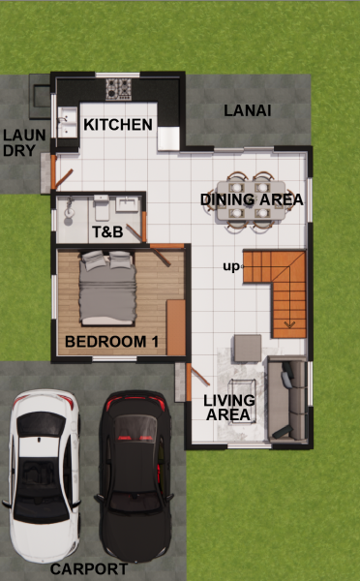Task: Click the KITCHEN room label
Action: [118, 125]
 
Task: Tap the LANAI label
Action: [248, 110]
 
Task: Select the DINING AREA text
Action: [252, 199]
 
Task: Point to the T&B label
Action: [107, 232]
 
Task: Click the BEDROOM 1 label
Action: [111, 341]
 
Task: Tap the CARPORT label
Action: [89, 568]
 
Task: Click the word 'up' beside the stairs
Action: [231, 267]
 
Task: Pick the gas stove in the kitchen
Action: [118, 89]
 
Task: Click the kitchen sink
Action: [68, 122]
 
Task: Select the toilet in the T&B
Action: [101, 208]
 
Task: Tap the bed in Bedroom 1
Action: [107, 288]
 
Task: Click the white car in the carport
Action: [44, 475]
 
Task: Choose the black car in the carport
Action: [135, 475]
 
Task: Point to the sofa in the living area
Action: [288, 399]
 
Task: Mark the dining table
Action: [251, 200]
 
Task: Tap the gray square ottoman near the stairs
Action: [248, 348]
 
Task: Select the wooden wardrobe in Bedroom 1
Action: [176, 328]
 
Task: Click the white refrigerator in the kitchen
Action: [168, 138]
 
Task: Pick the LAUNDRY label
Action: [24, 142]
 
